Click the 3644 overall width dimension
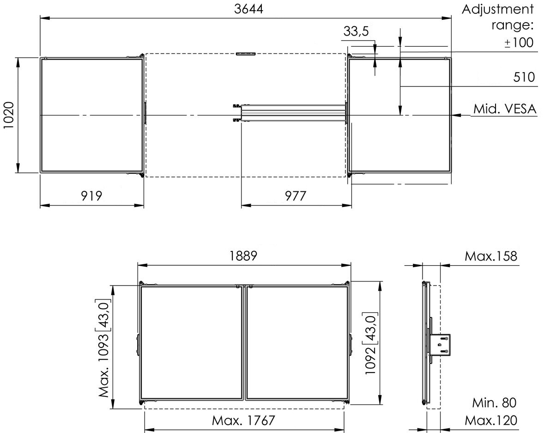point(248,9)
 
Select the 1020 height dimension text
point(8,115)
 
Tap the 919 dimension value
point(91,196)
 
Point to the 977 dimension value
point(296,196)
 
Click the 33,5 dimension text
point(356,31)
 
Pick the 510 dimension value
point(524,77)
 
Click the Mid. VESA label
point(505,109)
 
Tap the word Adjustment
point(497,9)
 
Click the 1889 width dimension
point(243,256)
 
